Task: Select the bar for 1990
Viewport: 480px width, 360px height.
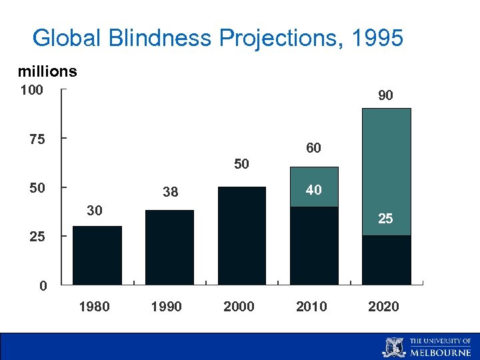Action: coord(169,247)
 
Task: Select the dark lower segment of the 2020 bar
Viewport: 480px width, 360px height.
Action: coord(386,260)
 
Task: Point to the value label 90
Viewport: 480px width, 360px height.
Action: coord(385,96)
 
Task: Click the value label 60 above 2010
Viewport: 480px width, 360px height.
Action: coord(313,148)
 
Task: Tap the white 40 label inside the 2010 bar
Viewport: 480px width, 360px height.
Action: coord(313,190)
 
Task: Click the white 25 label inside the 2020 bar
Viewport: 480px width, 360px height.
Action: coord(385,218)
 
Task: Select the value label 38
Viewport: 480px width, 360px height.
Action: coord(170,193)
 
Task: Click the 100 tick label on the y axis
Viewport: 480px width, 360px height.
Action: coord(31,90)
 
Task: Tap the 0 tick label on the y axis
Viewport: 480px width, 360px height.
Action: coord(43,287)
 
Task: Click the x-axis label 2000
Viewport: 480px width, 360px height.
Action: coord(239,307)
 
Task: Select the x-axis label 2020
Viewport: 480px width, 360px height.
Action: coord(383,307)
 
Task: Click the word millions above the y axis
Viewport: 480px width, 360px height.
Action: coord(47,71)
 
